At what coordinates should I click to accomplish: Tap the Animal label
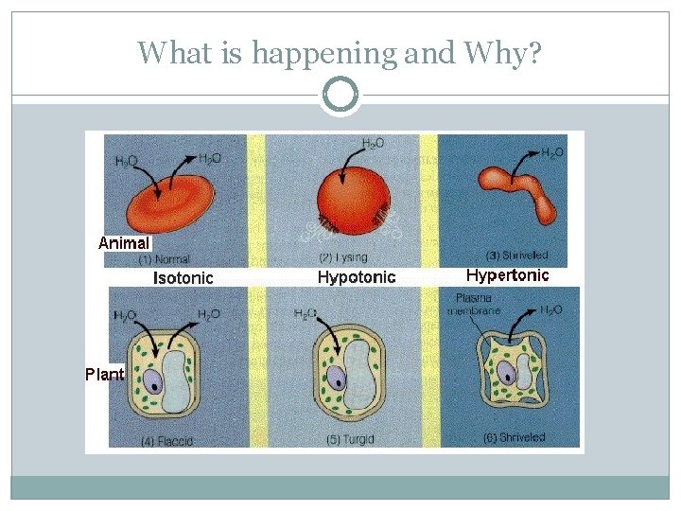(124, 242)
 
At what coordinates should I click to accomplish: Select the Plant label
(105, 374)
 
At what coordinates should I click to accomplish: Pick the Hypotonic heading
(357, 277)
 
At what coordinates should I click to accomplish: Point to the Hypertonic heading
(507, 275)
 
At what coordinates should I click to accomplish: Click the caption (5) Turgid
(341, 440)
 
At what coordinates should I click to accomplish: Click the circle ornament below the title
(340, 95)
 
